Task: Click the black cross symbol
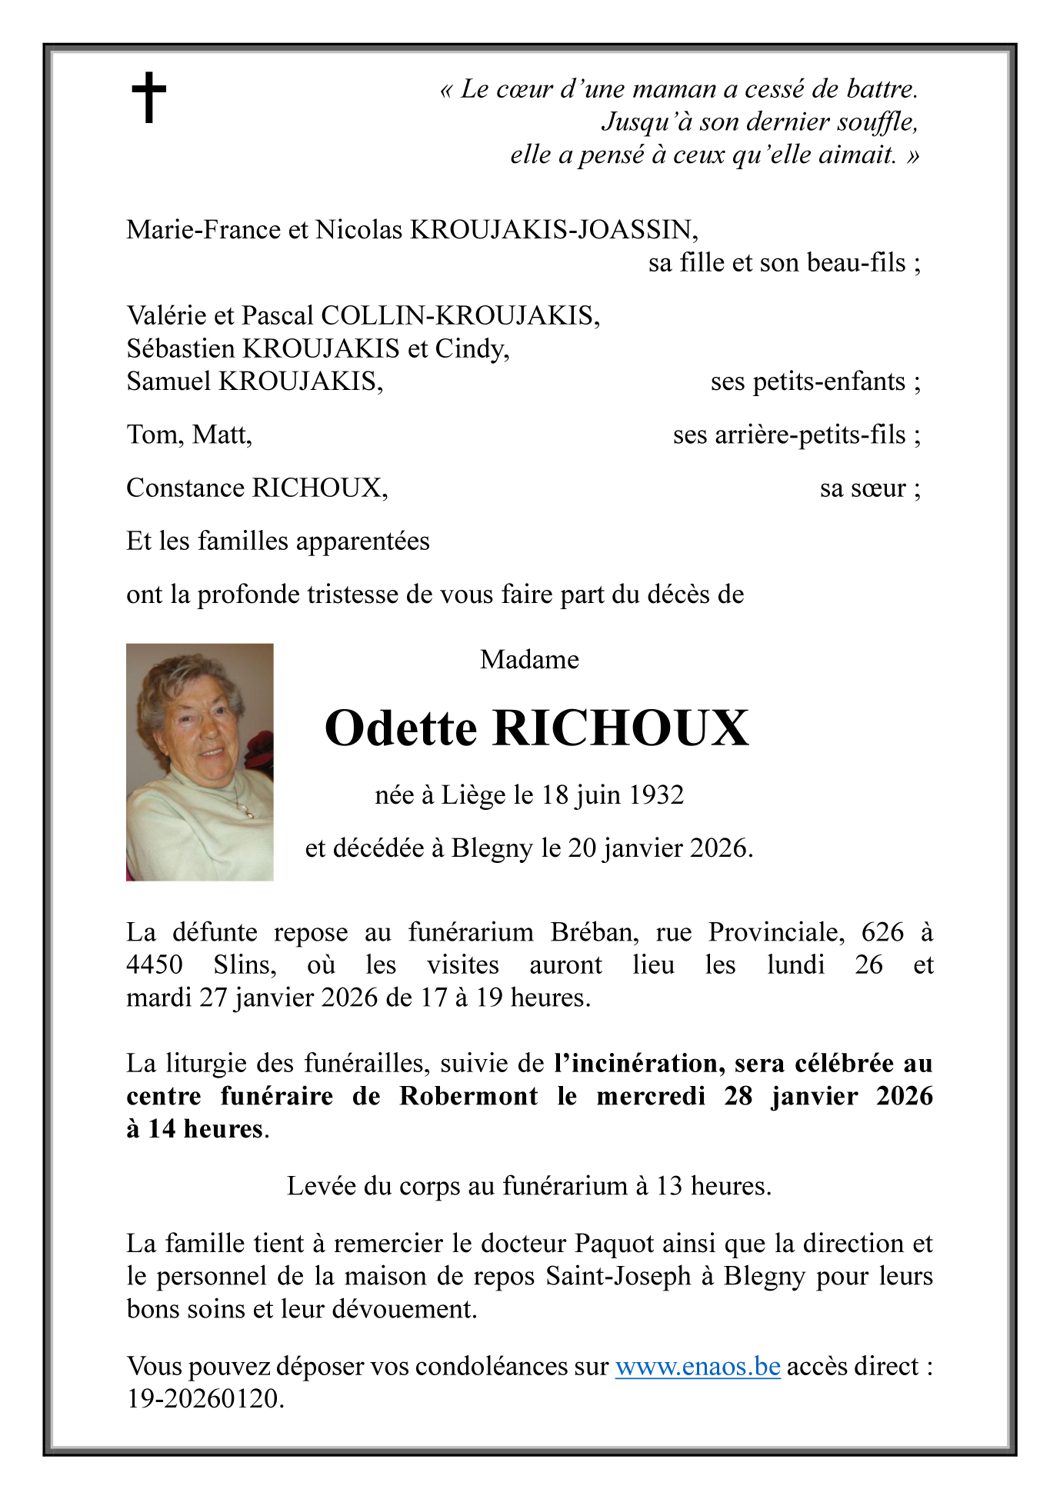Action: click(x=148, y=98)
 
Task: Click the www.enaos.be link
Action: click(x=698, y=1367)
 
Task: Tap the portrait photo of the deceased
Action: click(x=200, y=761)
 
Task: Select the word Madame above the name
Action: click(x=529, y=660)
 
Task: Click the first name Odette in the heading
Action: click(x=401, y=728)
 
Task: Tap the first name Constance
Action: click(x=186, y=488)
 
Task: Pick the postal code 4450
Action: click(x=155, y=965)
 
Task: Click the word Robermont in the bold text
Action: click(x=468, y=1096)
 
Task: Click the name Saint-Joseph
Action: click(x=618, y=1277)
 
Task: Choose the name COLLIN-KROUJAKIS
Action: click(x=459, y=316)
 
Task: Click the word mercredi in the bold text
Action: click(x=651, y=1096)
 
